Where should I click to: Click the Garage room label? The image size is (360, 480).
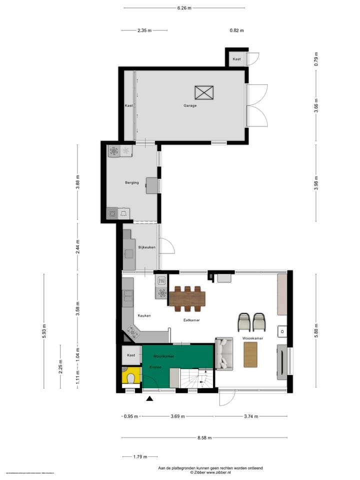click(x=189, y=106)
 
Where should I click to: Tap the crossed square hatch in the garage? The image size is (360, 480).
click(x=204, y=93)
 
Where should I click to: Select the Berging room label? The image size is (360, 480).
click(x=132, y=183)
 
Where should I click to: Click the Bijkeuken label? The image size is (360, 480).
click(x=147, y=247)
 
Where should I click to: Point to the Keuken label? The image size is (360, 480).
click(x=144, y=316)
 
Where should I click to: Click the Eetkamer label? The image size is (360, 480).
click(x=192, y=319)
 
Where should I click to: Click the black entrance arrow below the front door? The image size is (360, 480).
click(x=149, y=398)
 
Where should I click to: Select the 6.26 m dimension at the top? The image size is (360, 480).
click(x=184, y=8)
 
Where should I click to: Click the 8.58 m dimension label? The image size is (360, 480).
click(x=204, y=438)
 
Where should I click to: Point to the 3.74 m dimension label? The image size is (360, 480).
click(x=251, y=416)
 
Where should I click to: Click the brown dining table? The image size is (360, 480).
click(x=187, y=298)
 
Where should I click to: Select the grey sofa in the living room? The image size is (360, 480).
click(x=224, y=354)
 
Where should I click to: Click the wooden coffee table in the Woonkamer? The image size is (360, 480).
click(x=250, y=354)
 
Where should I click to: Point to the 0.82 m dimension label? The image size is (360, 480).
click(x=236, y=30)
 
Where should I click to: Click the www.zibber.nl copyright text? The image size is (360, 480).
click(x=210, y=472)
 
